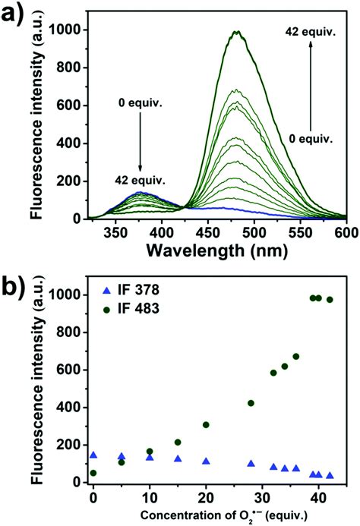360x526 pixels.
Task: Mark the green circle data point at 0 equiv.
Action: point(93,473)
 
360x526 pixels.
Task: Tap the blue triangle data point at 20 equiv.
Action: point(206,461)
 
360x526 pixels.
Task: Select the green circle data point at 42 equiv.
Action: point(330,300)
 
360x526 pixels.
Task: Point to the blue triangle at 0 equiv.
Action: point(93,455)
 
